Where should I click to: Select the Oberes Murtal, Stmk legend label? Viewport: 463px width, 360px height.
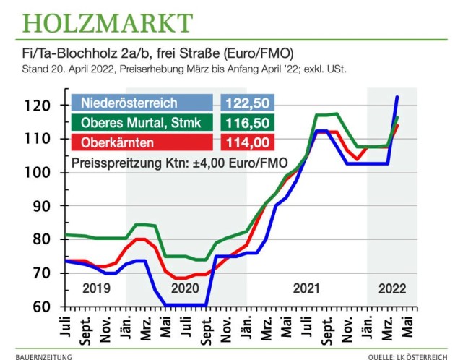pos(142,121)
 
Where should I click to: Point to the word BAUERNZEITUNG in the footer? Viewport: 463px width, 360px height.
pos(40,356)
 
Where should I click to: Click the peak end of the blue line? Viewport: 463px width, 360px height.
pos(397,97)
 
